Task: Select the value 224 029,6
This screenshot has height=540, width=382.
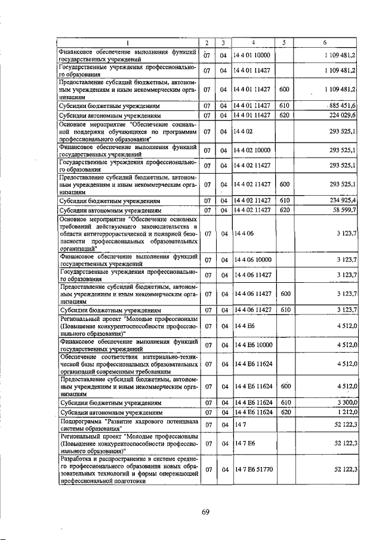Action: tap(342, 115)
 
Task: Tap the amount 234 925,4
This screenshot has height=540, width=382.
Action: tap(342, 201)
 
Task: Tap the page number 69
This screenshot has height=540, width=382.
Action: tap(205, 511)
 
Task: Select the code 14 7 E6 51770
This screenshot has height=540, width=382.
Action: tap(253, 470)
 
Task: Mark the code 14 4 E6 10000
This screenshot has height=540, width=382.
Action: tap(253, 345)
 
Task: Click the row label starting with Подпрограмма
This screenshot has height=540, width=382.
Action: tap(128, 425)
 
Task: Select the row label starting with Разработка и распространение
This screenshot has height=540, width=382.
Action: tap(128, 470)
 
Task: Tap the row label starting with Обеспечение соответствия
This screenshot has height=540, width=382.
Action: tap(128, 363)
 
